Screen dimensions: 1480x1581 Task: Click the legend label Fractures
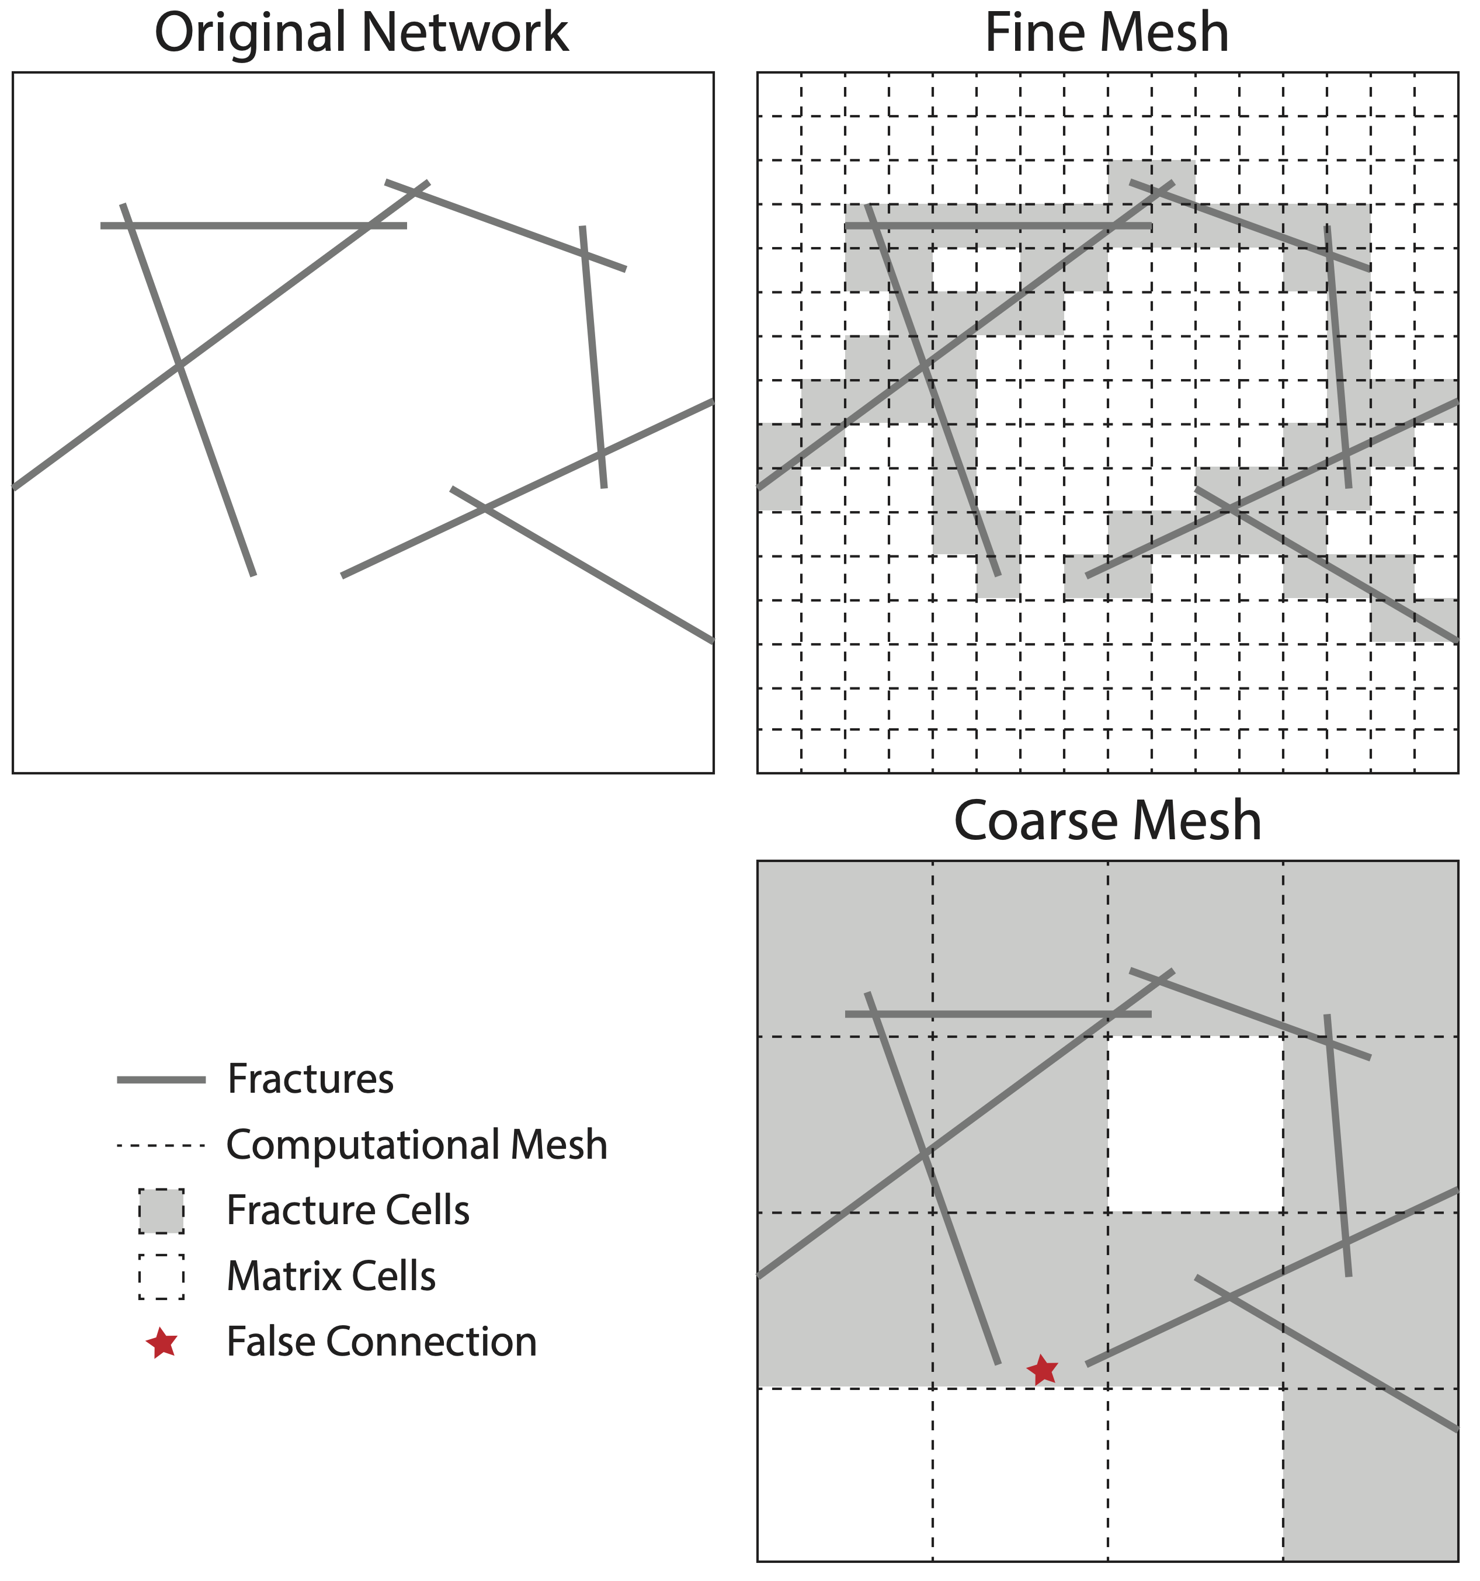(x=310, y=1079)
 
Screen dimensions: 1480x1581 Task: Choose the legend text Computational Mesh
(x=416, y=1145)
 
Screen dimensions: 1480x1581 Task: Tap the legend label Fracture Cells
(x=348, y=1210)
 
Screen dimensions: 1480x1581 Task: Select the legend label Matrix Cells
(x=331, y=1276)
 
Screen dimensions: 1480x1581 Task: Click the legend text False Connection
(x=382, y=1342)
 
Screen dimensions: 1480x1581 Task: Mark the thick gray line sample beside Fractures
(x=161, y=1080)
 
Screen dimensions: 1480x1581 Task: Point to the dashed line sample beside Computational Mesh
(x=161, y=1146)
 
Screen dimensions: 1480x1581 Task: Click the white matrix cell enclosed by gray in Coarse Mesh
(x=1196, y=1124)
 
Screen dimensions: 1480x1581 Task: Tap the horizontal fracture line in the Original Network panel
(x=253, y=226)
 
